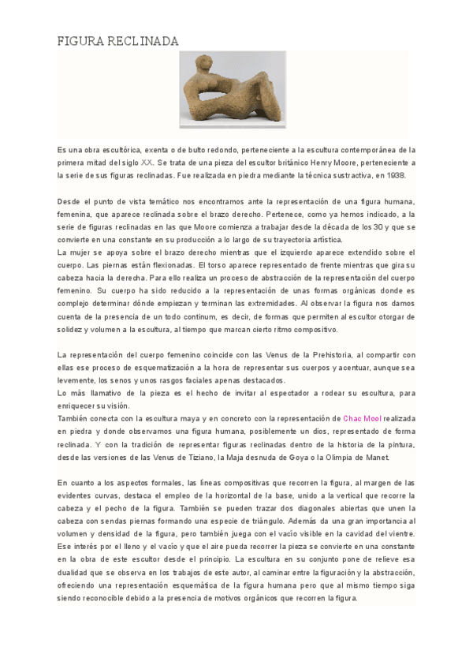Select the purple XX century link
(x=147, y=162)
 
